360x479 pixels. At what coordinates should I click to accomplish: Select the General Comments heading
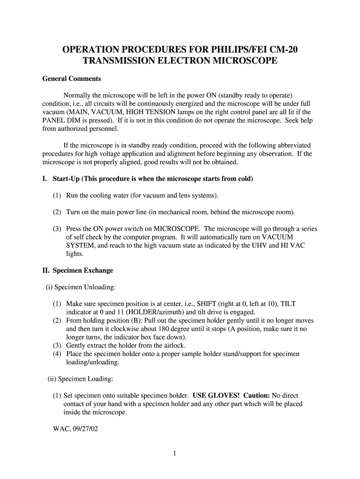click(72, 79)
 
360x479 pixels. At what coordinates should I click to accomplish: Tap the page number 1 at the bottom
click(173, 453)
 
